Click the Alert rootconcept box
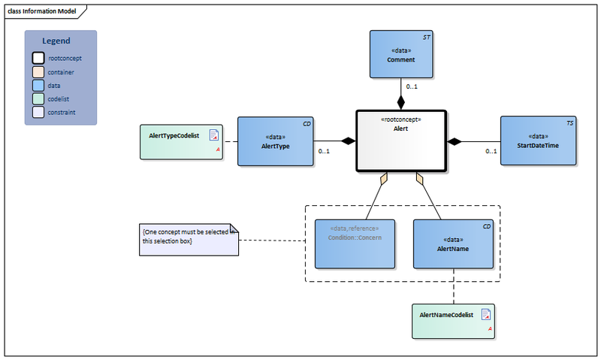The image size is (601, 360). pyautogui.click(x=400, y=141)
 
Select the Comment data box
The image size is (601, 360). pyautogui.click(x=401, y=54)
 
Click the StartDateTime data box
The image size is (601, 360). pyautogui.click(x=539, y=141)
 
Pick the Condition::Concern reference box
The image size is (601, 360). pyautogui.click(x=355, y=244)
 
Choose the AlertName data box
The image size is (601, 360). pyautogui.click(x=453, y=244)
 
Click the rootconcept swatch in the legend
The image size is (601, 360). pyautogui.click(x=38, y=58)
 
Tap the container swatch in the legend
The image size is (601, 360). pyautogui.click(x=38, y=72)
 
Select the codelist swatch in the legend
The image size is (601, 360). pyautogui.click(x=38, y=99)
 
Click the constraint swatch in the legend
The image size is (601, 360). pyautogui.click(x=38, y=113)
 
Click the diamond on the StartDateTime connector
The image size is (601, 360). pyautogui.click(x=455, y=141)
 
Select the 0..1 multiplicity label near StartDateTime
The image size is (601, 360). pyautogui.click(x=491, y=152)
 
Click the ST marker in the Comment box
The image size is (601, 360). pyautogui.click(x=426, y=36)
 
